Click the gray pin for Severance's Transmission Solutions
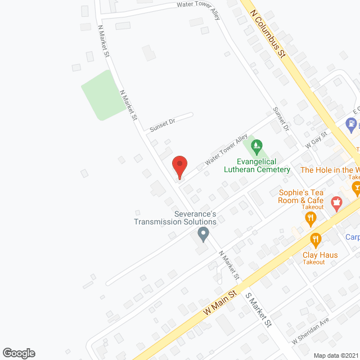point(204,233)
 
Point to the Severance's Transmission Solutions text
point(175,217)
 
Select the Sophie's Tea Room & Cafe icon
point(336,202)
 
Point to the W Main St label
point(219,304)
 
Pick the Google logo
point(19,353)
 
